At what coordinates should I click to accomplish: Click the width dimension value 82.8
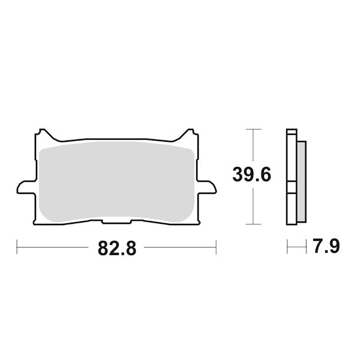coord(117,248)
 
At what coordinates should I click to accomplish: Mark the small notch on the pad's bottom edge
coord(116,222)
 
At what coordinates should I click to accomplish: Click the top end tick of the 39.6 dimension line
coord(254,129)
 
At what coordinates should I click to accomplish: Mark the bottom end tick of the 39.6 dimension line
coord(254,223)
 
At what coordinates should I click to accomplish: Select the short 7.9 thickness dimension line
coord(296,247)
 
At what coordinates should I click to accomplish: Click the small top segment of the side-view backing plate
coord(292,133)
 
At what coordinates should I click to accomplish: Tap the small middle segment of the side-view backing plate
coord(292,187)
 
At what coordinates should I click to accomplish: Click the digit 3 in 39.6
coord(238,176)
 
